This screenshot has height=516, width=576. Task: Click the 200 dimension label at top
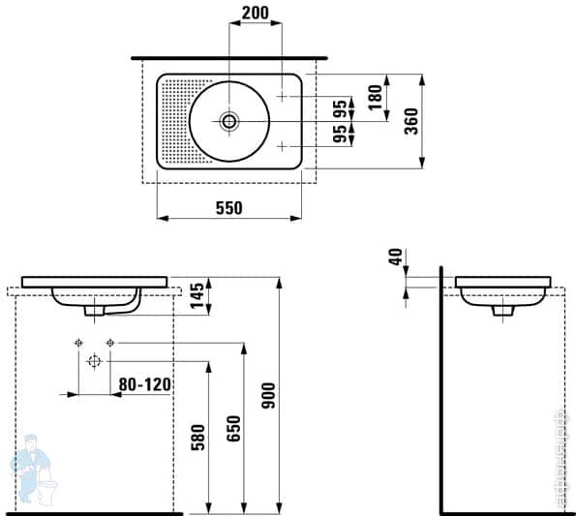tap(255, 14)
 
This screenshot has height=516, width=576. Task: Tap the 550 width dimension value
tap(228, 207)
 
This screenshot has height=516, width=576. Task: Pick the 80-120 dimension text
tap(144, 384)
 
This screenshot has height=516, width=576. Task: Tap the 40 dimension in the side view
tap(394, 259)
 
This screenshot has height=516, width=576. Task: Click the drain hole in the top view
tap(229, 121)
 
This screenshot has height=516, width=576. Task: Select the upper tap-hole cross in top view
tap(282, 97)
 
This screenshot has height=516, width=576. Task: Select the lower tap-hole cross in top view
tap(282, 145)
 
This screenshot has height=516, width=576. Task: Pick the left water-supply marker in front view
tap(76, 343)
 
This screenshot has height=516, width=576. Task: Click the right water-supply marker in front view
tap(110, 343)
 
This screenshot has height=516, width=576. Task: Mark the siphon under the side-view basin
tap(503, 310)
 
